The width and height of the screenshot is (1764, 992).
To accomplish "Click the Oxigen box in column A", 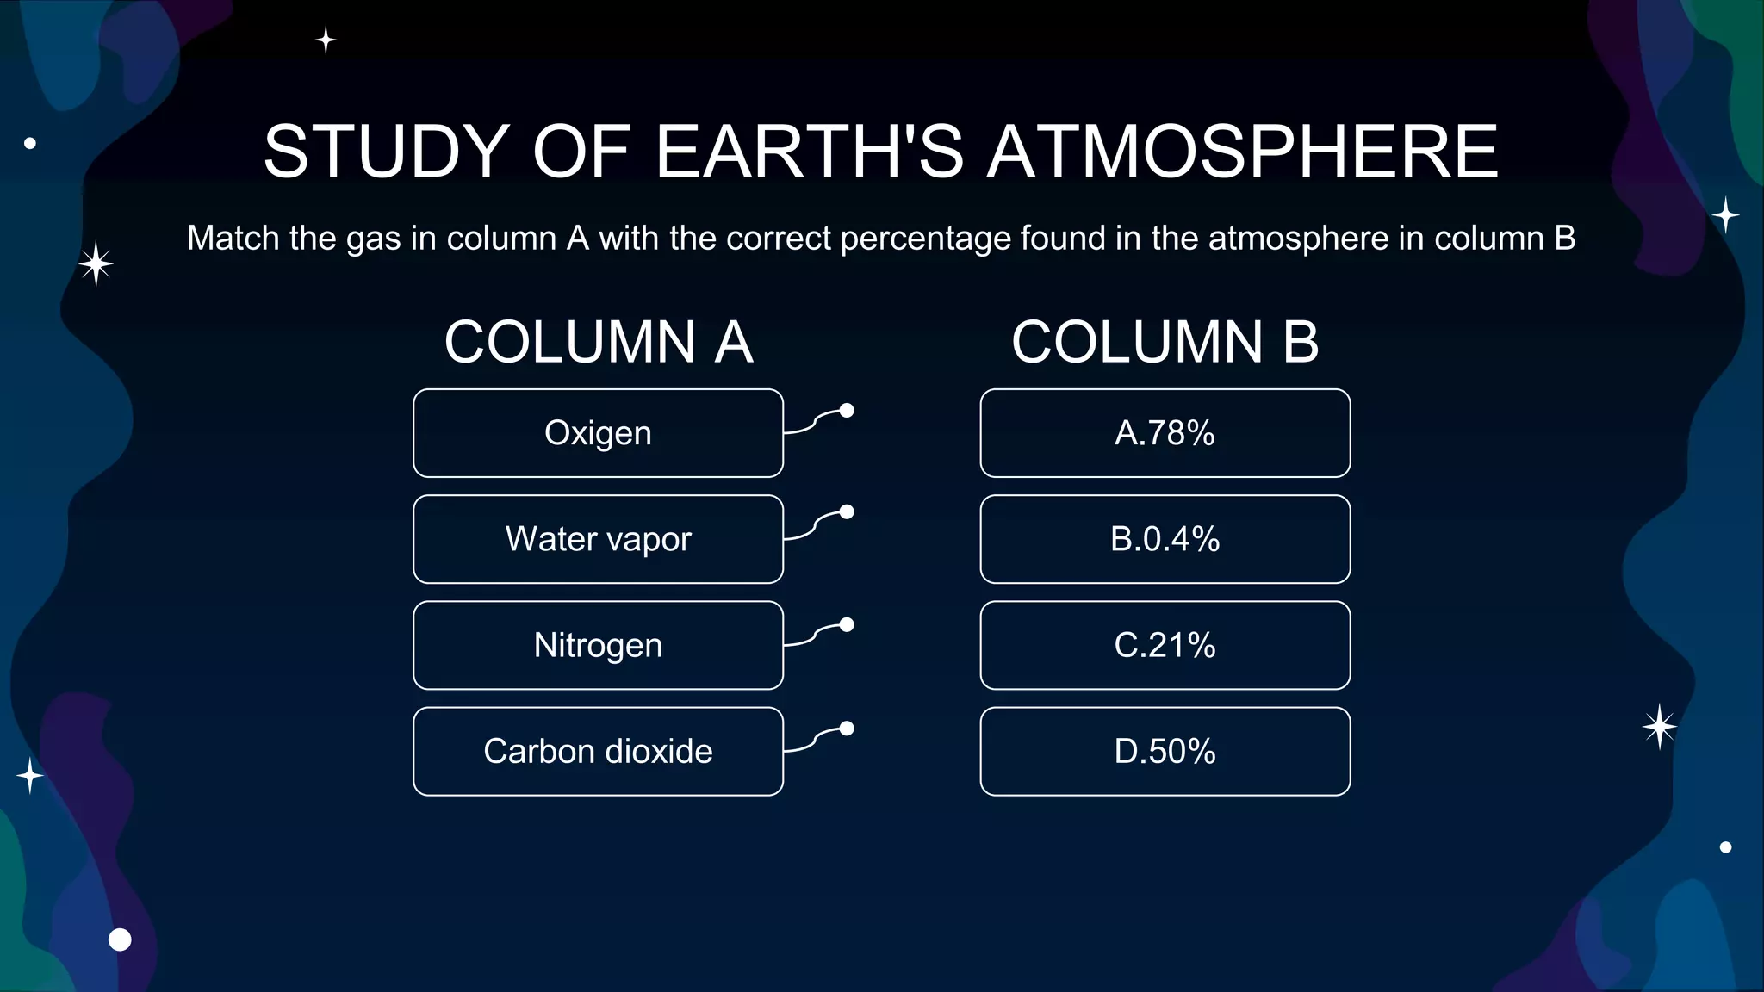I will tap(598, 433).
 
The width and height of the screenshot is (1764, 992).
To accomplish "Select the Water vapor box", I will tap(598, 539).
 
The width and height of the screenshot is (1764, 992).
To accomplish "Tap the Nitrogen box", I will tap(598, 645).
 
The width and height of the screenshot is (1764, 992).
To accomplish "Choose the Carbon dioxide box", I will tap(598, 751).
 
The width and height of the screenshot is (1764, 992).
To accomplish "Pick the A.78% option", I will tap(1165, 433).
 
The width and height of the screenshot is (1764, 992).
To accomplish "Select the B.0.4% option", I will tap(1165, 539).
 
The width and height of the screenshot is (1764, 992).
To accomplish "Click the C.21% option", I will tap(1165, 645).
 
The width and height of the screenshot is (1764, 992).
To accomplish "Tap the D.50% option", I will tap(1165, 751).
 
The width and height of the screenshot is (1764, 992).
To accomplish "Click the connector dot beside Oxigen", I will tap(847, 411).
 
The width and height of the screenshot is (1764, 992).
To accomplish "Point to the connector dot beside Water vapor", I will tap(847, 512).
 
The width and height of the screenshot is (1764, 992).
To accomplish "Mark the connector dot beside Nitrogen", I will tap(847, 625).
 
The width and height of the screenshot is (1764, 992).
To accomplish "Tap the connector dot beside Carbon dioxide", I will tap(847, 728).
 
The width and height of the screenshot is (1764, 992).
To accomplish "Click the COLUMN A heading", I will tap(599, 342).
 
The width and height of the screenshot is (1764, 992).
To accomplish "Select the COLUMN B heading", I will tap(1165, 342).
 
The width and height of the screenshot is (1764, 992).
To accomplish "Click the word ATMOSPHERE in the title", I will tap(1242, 152).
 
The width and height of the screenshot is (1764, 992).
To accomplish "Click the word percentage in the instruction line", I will tap(926, 239).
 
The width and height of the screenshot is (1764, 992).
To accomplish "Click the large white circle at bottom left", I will tap(120, 939).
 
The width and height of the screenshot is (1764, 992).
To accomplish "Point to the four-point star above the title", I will tap(326, 40).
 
